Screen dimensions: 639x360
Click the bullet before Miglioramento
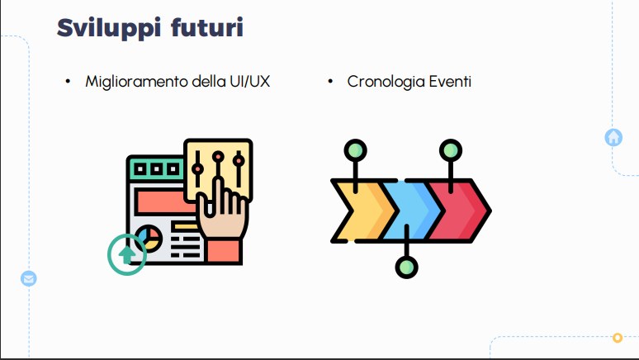(69, 82)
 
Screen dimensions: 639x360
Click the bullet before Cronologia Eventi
(330, 82)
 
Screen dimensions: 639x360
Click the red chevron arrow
(459, 211)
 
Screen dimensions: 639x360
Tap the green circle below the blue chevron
(406, 268)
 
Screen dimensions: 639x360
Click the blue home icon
(613, 137)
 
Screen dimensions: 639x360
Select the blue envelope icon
(29, 278)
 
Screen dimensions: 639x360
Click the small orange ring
(618, 338)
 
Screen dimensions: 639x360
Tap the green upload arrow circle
(127, 254)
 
